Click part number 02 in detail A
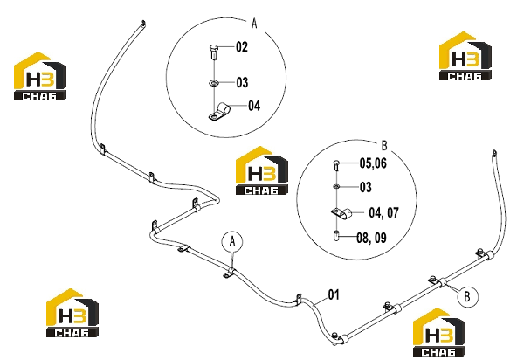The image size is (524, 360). pyautogui.click(x=242, y=47)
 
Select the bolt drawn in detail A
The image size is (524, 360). pyautogui.click(x=214, y=52)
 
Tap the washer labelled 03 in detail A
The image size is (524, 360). pyautogui.click(x=213, y=82)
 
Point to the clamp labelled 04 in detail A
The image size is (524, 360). pyautogui.click(x=219, y=112)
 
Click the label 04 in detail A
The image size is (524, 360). pyautogui.click(x=254, y=106)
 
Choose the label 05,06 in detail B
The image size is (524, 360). pyautogui.click(x=373, y=163)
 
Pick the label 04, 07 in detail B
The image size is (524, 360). pyautogui.click(x=383, y=212)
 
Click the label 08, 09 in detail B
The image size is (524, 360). pyautogui.click(x=372, y=238)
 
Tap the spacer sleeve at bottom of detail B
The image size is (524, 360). pyautogui.click(x=336, y=236)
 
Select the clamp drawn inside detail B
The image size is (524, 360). pyautogui.click(x=341, y=213)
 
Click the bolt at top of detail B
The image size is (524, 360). pyautogui.click(x=336, y=165)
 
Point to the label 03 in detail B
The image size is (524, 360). pyautogui.click(x=366, y=187)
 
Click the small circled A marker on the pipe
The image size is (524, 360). pyautogui.click(x=232, y=241)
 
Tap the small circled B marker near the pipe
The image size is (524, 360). pyautogui.click(x=467, y=296)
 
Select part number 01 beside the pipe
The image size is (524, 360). pyautogui.click(x=334, y=294)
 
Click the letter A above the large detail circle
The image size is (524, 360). pyautogui.click(x=254, y=24)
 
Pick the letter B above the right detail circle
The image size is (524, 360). pyautogui.click(x=384, y=145)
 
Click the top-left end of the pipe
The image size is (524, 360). pyautogui.click(x=143, y=23)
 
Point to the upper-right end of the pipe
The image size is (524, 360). pyautogui.click(x=494, y=153)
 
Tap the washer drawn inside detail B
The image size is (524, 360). pyautogui.click(x=336, y=186)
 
